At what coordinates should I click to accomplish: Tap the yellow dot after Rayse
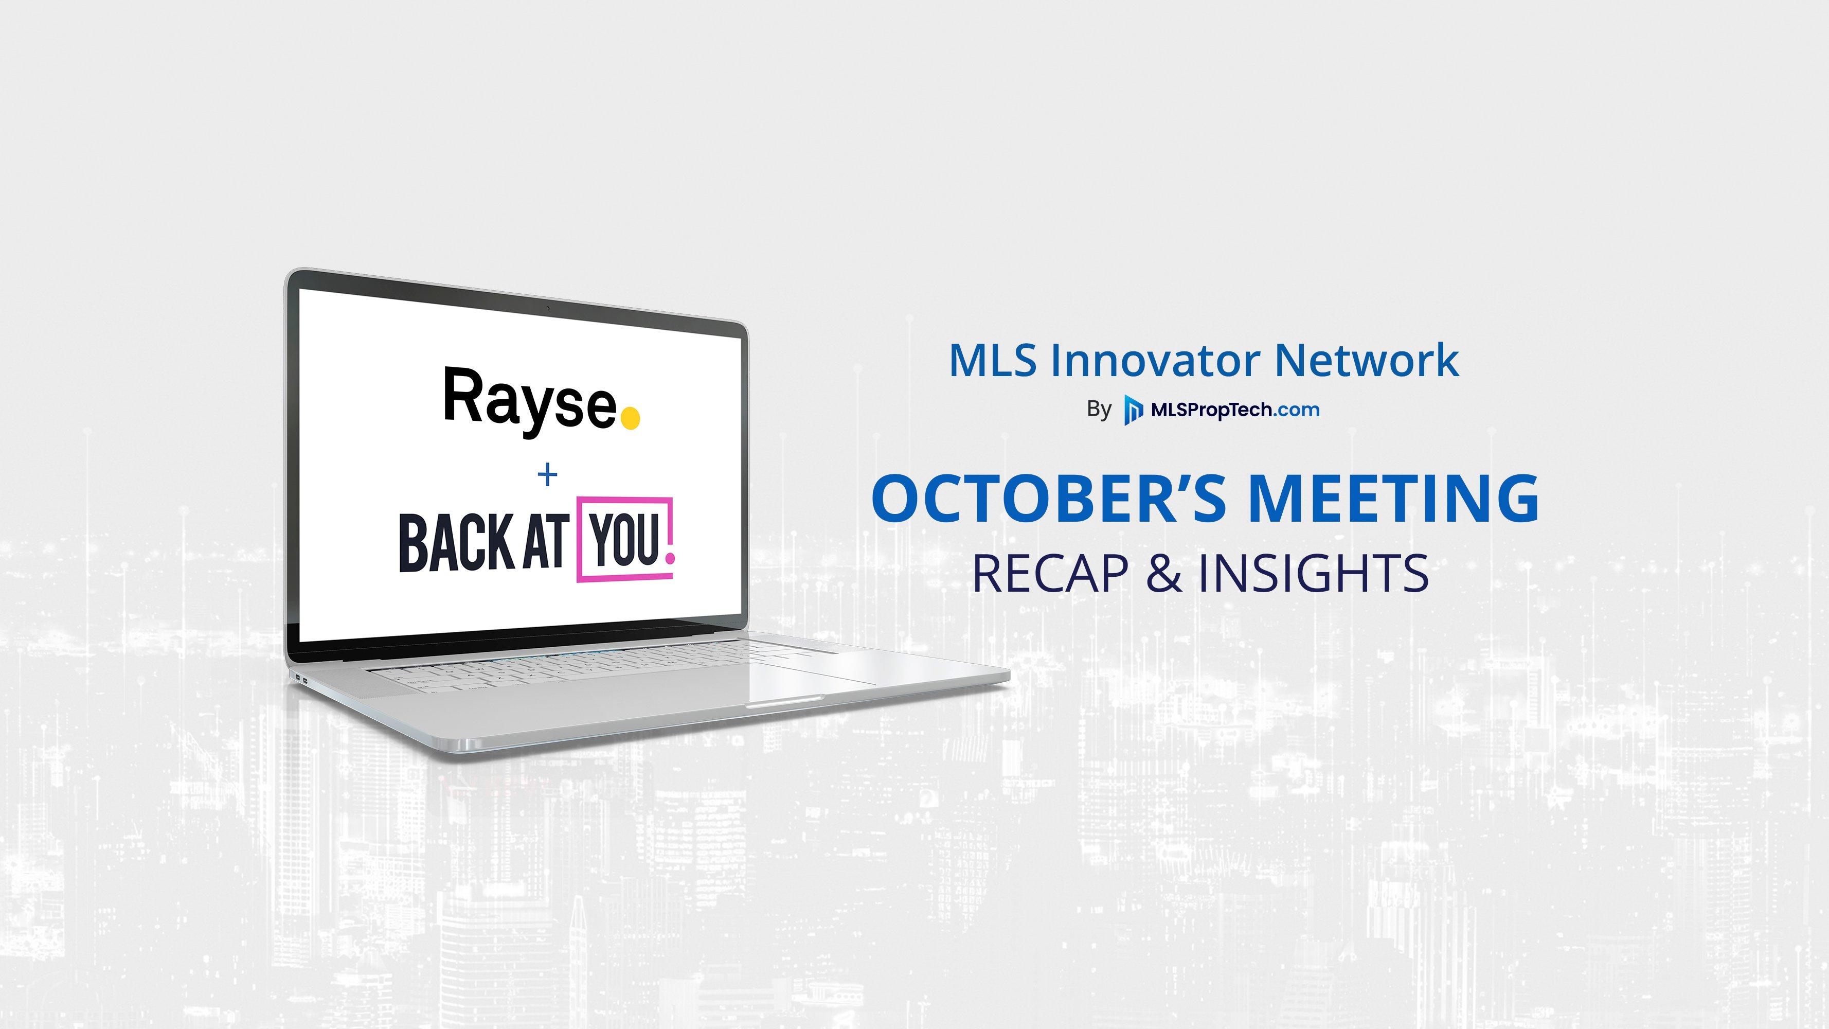pos(630,419)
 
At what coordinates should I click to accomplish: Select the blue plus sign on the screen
pos(547,476)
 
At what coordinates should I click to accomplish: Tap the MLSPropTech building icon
pos(1133,411)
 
